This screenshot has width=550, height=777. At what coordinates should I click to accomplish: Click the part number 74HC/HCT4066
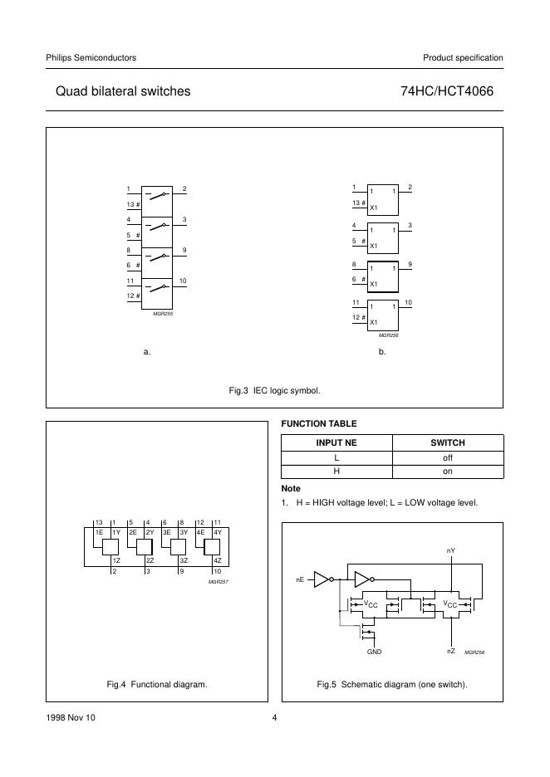click(x=446, y=91)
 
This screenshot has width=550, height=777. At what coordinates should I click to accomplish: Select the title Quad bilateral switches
click(x=123, y=91)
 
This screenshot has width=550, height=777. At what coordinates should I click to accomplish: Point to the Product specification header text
click(x=463, y=57)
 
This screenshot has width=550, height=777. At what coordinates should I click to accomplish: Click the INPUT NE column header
click(x=337, y=443)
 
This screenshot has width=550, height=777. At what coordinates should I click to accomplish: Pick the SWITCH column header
click(x=447, y=443)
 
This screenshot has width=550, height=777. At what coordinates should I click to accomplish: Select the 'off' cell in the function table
click(x=447, y=457)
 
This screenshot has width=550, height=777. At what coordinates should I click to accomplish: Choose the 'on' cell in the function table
click(x=447, y=472)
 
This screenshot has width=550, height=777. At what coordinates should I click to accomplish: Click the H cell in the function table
click(x=337, y=472)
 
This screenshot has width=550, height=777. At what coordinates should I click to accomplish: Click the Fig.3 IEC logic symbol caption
click(x=274, y=389)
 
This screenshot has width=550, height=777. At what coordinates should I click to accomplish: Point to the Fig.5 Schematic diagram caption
click(x=392, y=684)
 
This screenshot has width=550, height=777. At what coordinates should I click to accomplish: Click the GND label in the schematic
click(x=374, y=652)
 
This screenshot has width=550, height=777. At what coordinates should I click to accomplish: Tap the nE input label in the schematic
click(x=301, y=579)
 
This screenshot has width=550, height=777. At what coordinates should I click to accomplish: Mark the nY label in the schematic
click(x=450, y=550)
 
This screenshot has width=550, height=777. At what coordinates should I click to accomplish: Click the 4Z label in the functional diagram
click(x=217, y=561)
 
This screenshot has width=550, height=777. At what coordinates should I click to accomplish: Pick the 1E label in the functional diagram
click(x=99, y=531)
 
